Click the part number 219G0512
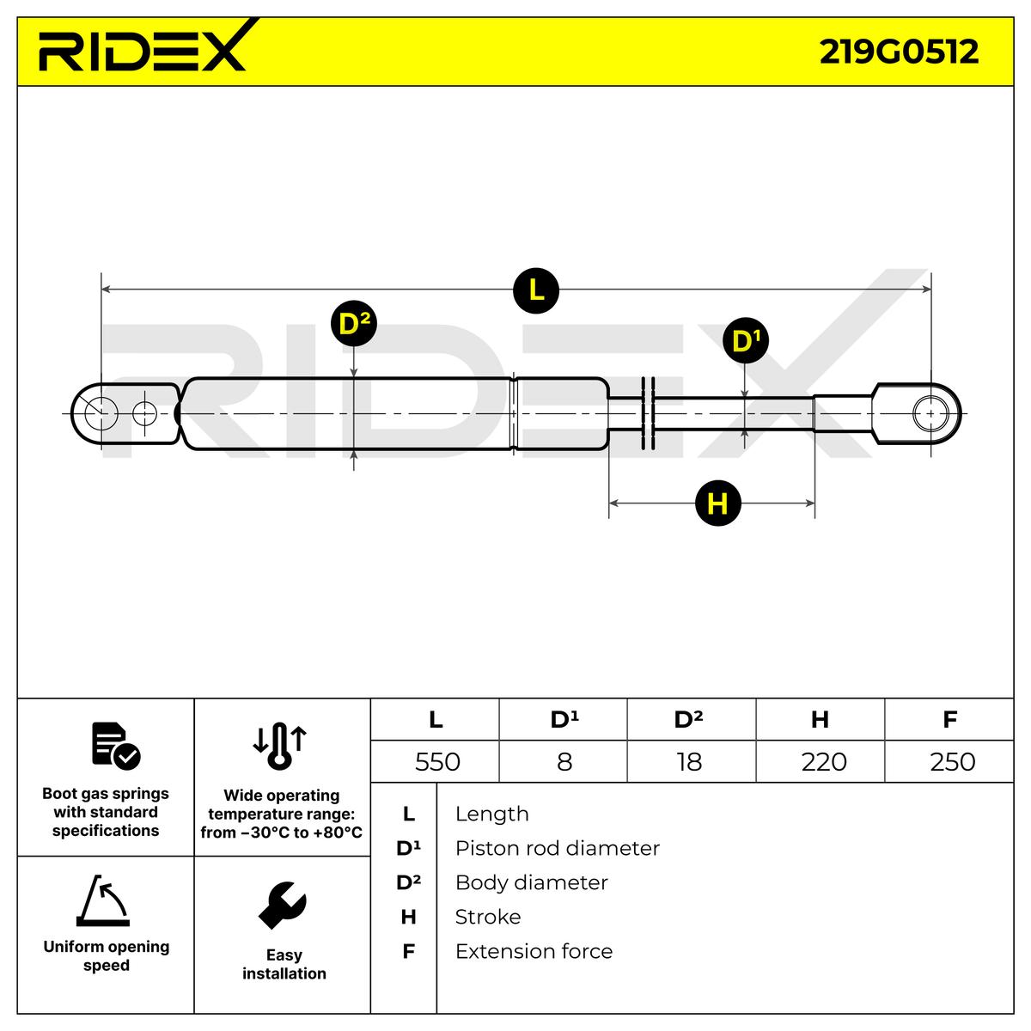click(898, 52)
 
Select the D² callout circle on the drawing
click(353, 324)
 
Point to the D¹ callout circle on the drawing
click(744, 341)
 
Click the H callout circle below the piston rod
click(717, 502)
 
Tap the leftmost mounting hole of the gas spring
click(101, 413)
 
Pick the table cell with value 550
click(437, 761)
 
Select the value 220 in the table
click(823, 761)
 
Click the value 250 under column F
click(952, 761)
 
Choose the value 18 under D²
click(689, 761)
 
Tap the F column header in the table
click(949, 719)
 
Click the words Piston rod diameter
click(557, 848)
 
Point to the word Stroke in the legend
click(487, 917)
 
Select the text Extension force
click(534, 951)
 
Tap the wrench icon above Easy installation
click(283, 906)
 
